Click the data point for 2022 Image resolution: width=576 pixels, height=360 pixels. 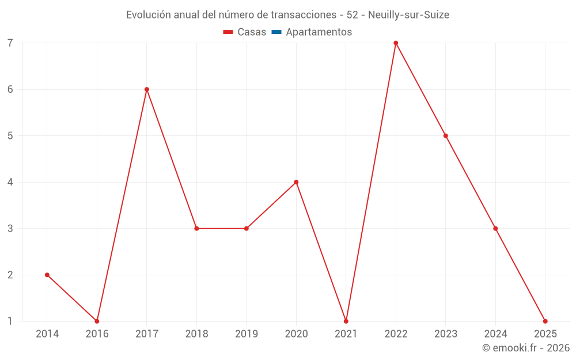[396, 43]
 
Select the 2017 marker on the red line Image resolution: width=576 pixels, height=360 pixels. [147, 89]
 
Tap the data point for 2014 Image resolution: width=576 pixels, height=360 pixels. [47, 275]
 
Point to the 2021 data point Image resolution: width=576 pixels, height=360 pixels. [346, 321]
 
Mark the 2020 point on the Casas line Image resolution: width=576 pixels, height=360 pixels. [296, 182]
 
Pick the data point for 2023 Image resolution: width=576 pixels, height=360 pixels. [446, 136]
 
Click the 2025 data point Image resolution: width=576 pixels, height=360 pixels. [545, 321]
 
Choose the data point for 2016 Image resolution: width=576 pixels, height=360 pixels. [97, 321]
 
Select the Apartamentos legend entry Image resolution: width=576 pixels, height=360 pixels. [319, 32]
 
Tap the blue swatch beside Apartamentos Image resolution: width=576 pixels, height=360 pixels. [276, 32]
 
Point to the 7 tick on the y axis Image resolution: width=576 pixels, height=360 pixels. [10, 43]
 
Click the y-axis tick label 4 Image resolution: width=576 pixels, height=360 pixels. [10, 182]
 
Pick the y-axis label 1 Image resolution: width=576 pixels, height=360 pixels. [10, 321]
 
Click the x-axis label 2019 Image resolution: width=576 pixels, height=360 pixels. [247, 334]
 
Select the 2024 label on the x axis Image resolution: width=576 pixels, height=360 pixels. [495, 334]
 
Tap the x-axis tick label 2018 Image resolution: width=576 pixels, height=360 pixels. [196, 334]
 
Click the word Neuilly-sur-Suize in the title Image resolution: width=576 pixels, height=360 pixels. [408, 15]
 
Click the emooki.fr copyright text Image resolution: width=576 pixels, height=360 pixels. [526, 348]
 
